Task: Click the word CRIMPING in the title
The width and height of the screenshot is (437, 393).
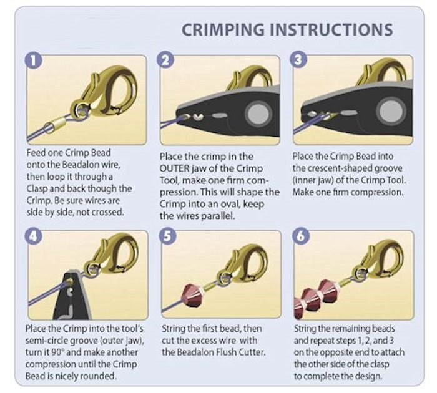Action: tap(223, 30)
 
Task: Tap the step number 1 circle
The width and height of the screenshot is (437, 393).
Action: tap(33, 60)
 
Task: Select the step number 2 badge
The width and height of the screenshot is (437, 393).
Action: tap(165, 60)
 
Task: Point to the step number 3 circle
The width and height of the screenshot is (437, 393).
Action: tap(298, 60)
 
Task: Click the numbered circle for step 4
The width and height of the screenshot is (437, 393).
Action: tap(33, 236)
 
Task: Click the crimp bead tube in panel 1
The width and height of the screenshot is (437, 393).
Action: tap(56, 125)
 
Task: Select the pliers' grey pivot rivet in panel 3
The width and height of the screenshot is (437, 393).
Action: tap(390, 110)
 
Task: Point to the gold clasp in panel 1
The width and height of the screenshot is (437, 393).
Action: tap(104, 91)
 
